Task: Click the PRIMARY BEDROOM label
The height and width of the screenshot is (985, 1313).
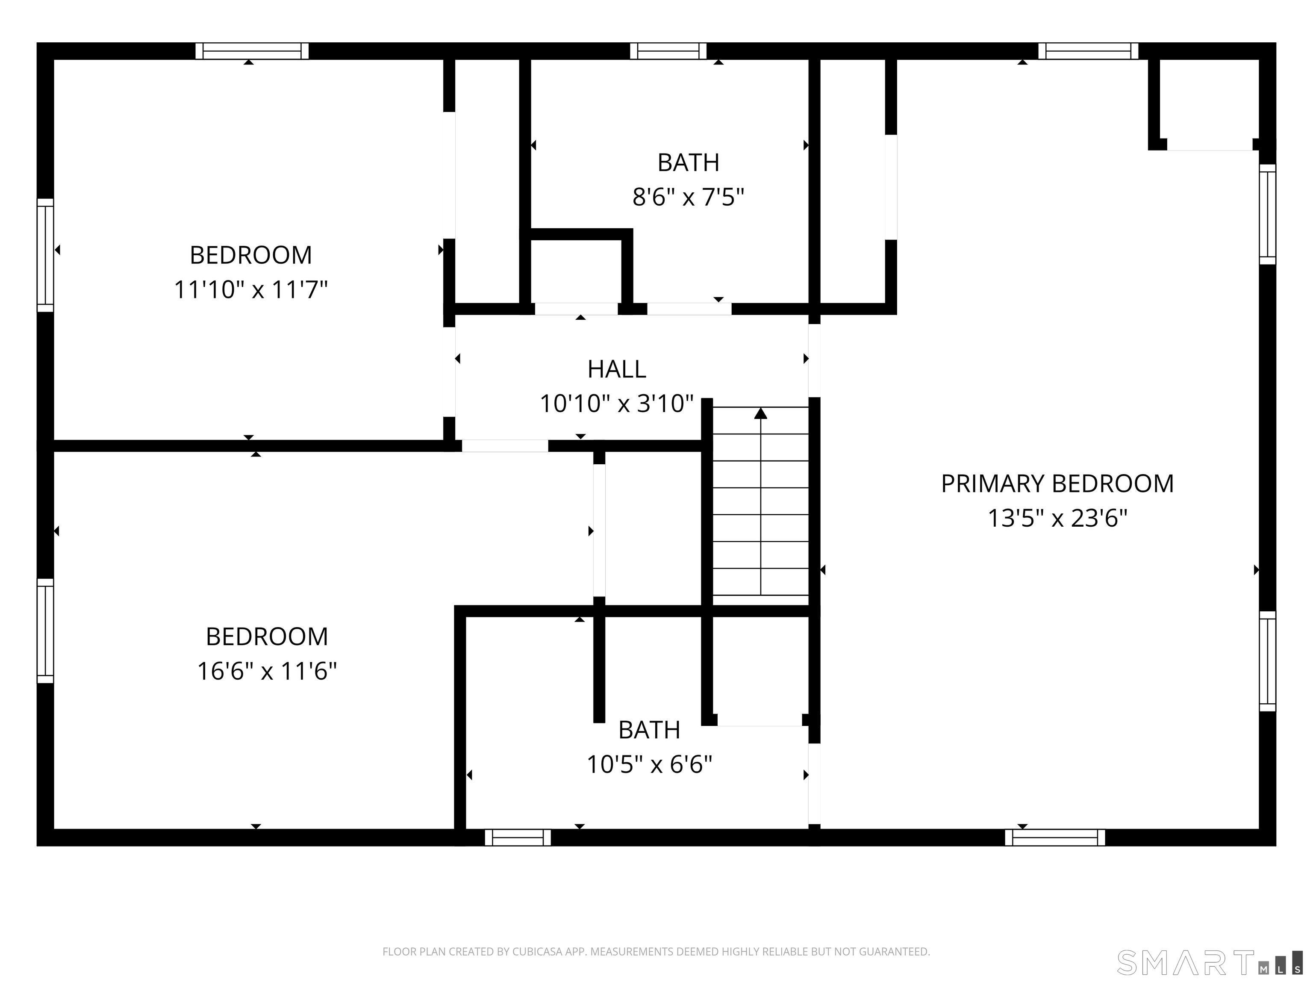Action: tap(1057, 484)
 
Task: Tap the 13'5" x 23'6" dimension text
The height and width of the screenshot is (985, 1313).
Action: tap(1057, 518)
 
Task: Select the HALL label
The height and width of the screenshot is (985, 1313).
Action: tap(617, 369)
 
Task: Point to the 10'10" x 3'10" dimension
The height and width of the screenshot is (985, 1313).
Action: tap(617, 404)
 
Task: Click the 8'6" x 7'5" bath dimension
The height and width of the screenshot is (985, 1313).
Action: tap(688, 197)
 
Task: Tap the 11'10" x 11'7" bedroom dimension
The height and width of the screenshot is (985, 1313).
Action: tap(250, 290)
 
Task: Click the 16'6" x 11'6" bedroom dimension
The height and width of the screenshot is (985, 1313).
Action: tap(267, 672)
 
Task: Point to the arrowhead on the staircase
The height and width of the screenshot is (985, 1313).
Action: tap(760, 413)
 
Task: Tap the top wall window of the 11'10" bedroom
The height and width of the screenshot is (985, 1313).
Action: tap(252, 51)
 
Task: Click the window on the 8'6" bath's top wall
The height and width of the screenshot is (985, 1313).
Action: tap(668, 51)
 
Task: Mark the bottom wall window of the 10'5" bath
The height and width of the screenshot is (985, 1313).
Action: tap(518, 837)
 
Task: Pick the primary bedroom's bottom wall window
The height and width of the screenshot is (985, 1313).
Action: tap(1055, 837)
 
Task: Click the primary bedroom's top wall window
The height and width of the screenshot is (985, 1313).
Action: tap(1089, 51)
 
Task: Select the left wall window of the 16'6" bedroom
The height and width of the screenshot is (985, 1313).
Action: tap(45, 631)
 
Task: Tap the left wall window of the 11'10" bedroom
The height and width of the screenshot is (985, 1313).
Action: tap(45, 255)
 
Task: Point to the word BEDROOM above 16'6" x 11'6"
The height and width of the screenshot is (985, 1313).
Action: tap(267, 637)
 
